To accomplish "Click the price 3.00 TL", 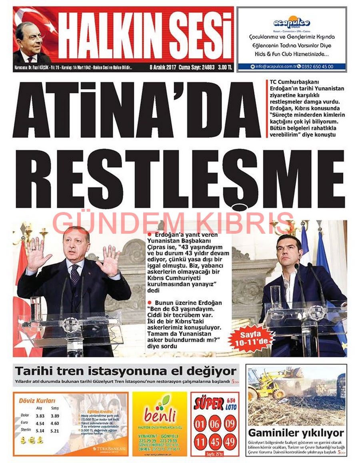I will (x=224, y=67).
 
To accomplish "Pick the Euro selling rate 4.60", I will (x=54, y=423).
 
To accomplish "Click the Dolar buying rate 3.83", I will (x=39, y=416).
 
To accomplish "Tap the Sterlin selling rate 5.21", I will (x=54, y=431).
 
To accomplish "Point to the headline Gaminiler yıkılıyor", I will (x=296, y=433).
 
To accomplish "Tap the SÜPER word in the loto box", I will (x=208, y=404).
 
